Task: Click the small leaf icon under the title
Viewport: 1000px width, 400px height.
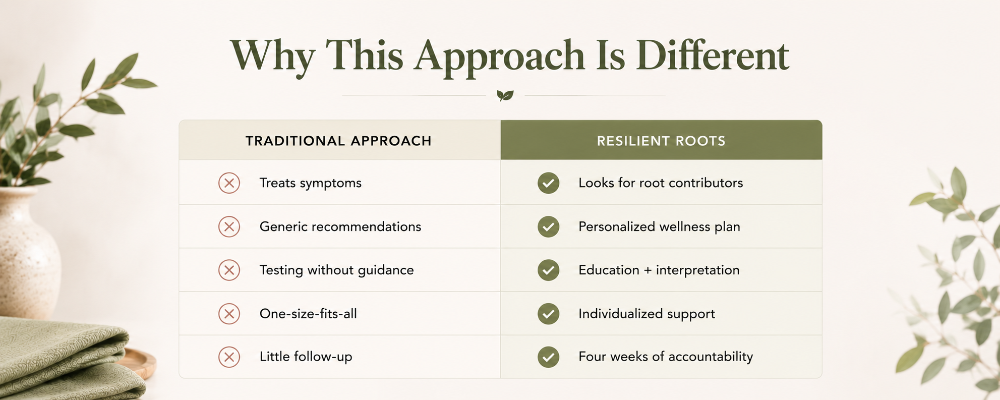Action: pyautogui.click(x=505, y=95)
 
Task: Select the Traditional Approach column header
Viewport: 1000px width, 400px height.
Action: pyautogui.click(x=339, y=141)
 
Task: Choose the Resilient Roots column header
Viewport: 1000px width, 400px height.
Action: pyautogui.click(x=661, y=141)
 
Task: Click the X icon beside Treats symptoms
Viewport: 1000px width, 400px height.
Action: pyautogui.click(x=229, y=183)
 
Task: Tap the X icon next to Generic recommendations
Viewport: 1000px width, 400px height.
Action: pyautogui.click(x=229, y=226)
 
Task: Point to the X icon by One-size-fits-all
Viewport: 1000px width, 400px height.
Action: pyautogui.click(x=229, y=314)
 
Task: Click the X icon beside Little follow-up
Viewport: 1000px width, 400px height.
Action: pyautogui.click(x=229, y=357)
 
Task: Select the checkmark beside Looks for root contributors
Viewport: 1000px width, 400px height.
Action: pyautogui.click(x=548, y=183)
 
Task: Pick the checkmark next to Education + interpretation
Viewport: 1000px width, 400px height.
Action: pyautogui.click(x=548, y=270)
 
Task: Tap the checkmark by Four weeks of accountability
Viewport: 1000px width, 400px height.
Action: pyautogui.click(x=548, y=357)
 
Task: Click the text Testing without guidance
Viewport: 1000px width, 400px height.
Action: pyautogui.click(x=336, y=270)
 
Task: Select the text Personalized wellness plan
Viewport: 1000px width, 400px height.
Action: pyautogui.click(x=659, y=227)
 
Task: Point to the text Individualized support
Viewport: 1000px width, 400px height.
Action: pyautogui.click(x=646, y=314)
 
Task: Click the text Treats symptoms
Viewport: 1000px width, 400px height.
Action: pyautogui.click(x=311, y=183)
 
